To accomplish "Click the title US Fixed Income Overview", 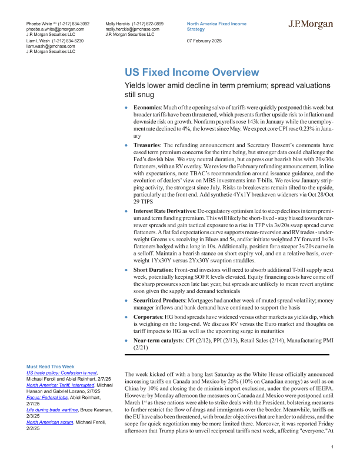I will (x=191, y=72).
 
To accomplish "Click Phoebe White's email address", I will (x=55, y=28).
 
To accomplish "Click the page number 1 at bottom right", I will (x=333, y=448).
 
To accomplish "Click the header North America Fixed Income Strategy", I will (x=216, y=25).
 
